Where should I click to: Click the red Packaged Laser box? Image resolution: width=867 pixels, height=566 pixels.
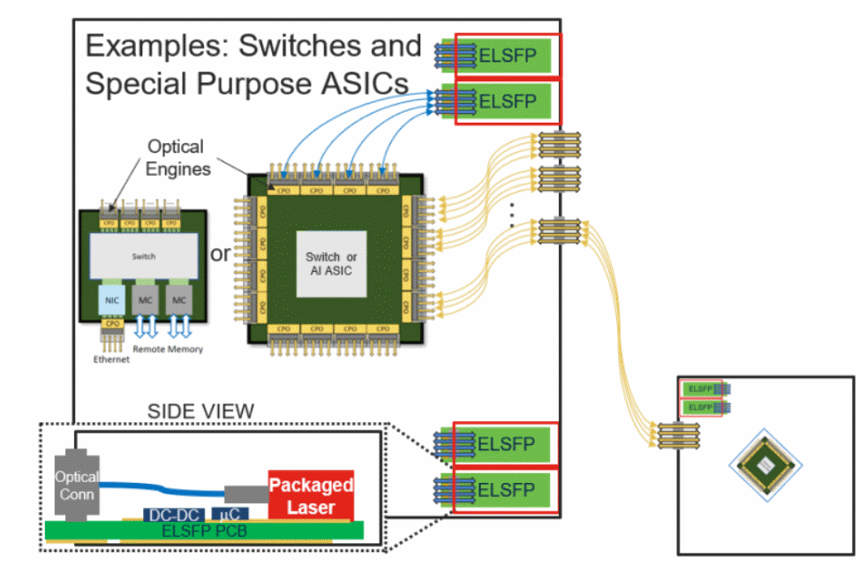click(311, 495)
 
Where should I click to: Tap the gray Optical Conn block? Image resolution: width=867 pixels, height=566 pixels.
click(77, 483)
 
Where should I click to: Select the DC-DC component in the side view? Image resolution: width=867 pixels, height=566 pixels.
click(172, 515)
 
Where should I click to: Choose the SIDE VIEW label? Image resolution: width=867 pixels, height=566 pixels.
click(200, 411)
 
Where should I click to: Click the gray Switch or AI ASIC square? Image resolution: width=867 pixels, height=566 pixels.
click(328, 264)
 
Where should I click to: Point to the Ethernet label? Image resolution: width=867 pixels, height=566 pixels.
click(111, 359)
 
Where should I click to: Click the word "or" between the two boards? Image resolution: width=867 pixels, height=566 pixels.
click(221, 255)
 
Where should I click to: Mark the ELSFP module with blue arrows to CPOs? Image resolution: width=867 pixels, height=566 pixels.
click(508, 102)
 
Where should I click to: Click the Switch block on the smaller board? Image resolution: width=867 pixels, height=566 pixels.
click(143, 256)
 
